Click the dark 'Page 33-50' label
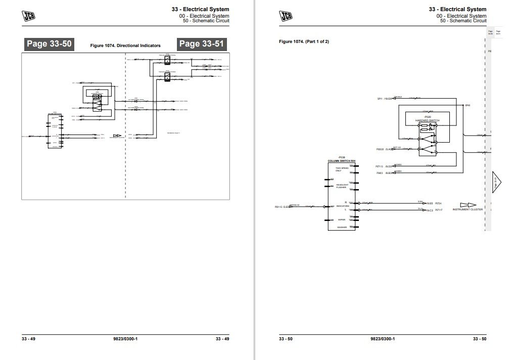pos(49,44)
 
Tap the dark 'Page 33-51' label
pos(201,44)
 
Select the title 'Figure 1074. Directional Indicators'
pos(125,46)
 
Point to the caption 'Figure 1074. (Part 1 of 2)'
pos(304,41)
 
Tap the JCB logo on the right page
pos(286,16)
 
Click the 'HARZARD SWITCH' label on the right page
pos(427,120)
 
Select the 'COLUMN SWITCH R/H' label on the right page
pos(341,160)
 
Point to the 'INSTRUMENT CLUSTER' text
pos(468,209)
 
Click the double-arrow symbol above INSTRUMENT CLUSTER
pos(468,205)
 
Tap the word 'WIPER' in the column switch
pos(342,219)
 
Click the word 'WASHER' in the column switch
pos(342,228)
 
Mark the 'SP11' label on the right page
pos(380,98)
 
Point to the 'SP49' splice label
pos(468,105)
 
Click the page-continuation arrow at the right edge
pos(496,182)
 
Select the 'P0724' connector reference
pos(438,203)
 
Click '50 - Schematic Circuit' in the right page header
pos(463,21)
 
